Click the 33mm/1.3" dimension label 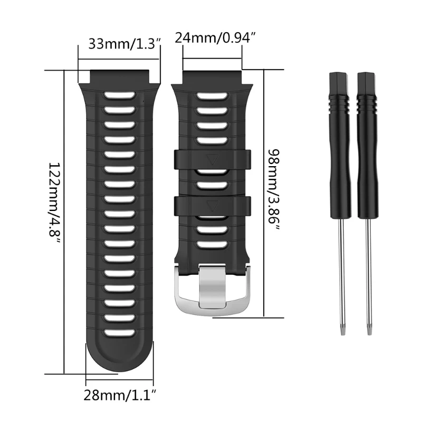tap(124, 44)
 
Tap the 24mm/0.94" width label tap(215, 37)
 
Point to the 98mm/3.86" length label tap(274, 190)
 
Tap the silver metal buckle tap(213, 290)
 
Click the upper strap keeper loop tap(213, 160)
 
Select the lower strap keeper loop tap(213, 206)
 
